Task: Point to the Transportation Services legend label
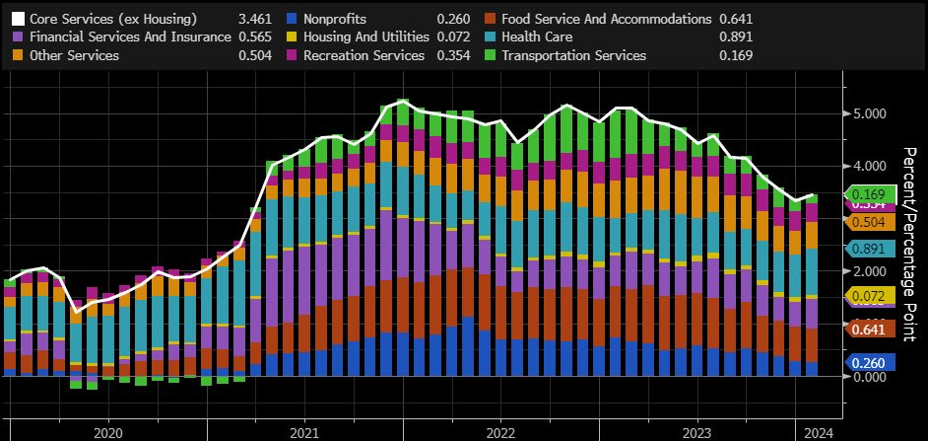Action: [x=573, y=56]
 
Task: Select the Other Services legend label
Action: [x=75, y=56]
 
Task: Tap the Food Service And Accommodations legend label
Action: [x=606, y=19]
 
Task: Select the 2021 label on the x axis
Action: [x=304, y=432]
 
